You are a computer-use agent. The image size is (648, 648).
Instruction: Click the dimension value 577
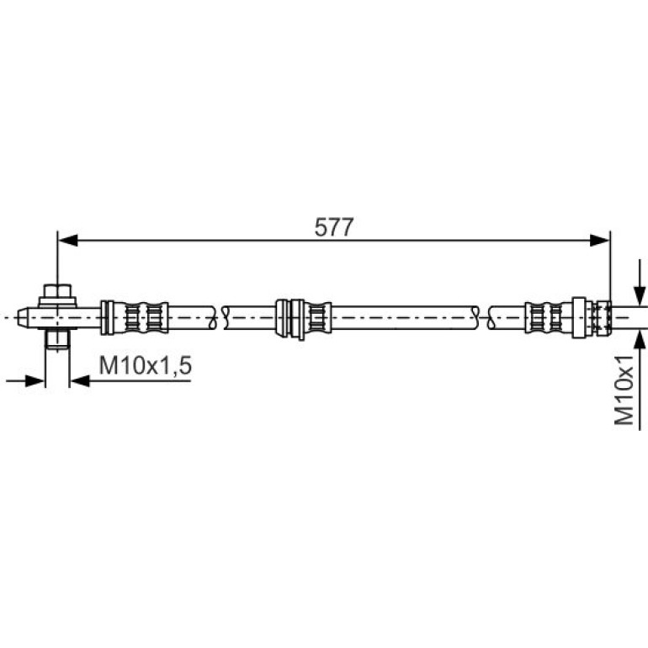(334, 227)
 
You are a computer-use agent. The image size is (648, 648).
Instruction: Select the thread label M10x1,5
(146, 366)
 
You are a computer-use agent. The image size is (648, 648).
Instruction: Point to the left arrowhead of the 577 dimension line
(68, 240)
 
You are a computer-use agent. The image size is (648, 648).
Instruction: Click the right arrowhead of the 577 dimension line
(600, 240)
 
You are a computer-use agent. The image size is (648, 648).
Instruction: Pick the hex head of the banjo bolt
(57, 291)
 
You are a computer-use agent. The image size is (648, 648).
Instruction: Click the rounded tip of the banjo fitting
(23, 317)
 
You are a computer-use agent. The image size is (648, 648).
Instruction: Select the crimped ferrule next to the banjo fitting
(135, 317)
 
